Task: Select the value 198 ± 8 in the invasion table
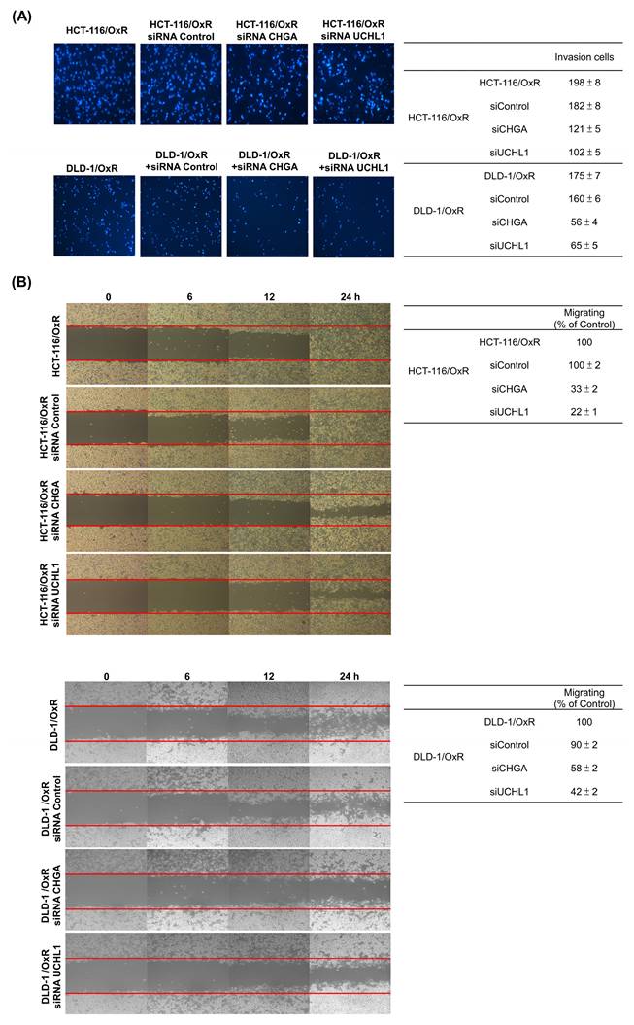(x=585, y=84)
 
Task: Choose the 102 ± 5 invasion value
(x=585, y=152)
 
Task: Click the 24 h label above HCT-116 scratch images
(x=350, y=302)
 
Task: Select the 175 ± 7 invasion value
(x=585, y=175)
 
